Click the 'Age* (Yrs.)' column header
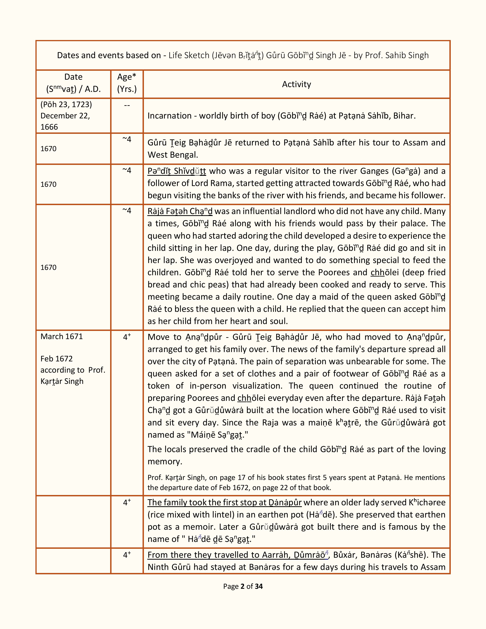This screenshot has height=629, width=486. tap(127, 83)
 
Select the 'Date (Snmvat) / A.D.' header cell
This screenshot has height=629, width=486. tap(73, 83)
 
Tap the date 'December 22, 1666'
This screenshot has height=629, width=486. tap(65, 121)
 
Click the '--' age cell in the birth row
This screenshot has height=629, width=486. tap(127, 105)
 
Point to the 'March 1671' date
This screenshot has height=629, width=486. tap(62, 336)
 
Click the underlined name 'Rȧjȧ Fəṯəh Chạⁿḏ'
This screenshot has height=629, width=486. tap(180, 211)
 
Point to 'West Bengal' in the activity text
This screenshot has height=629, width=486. tap(173, 155)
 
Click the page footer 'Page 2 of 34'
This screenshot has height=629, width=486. tap(243, 586)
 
